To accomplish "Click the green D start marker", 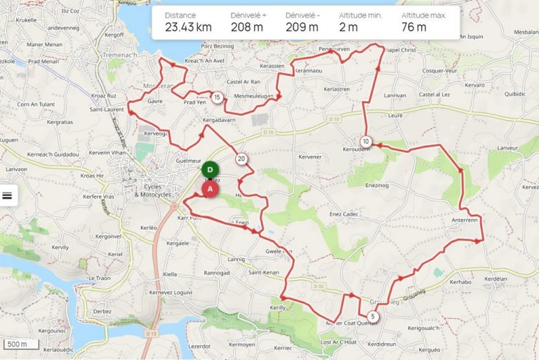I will click(x=209, y=170).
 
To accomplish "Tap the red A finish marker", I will click(x=210, y=188).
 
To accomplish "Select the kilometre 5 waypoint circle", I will click(x=372, y=317).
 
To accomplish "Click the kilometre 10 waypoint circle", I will click(x=366, y=141).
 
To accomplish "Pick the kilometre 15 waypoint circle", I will click(x=218, y=97).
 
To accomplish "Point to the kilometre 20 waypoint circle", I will click(x=241, y=159).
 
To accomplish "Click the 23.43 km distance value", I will click(x=188, y=27).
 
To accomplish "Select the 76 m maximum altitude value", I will click(x=413, y=27).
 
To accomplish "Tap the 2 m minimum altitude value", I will click(x=348, y=27).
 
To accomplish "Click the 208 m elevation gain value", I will click(x=246, y=27).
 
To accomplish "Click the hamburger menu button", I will click(x=8, y=196).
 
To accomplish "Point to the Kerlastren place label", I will click(x=335, y=89).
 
